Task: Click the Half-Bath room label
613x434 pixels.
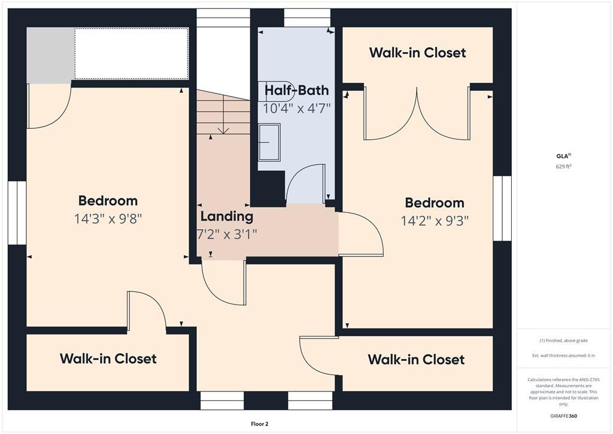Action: tap(297, 91)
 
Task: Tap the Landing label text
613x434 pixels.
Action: tap(227, 216)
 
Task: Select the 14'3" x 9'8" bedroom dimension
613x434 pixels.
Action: tap(108, 219)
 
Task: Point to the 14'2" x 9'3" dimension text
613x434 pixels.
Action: tap(435, 221)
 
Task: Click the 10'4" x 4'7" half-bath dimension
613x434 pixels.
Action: tap(297, 108)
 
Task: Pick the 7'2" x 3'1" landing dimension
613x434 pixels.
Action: tap(227, 234)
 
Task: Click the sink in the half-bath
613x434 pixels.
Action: tap(269, 142)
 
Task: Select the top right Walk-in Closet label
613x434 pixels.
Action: tap(417, 53)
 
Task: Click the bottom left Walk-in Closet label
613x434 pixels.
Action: tap(108, 359)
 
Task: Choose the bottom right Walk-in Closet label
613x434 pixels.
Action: tap(416, 360)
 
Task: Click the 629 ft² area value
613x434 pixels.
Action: tap(563, 166)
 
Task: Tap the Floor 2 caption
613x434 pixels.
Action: tap(260, 424)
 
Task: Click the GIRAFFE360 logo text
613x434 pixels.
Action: tap(563, 416)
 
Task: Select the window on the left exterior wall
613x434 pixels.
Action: tap(17, 213)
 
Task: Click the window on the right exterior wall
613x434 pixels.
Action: tap(502, 208)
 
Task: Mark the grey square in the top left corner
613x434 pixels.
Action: tap(50, 55)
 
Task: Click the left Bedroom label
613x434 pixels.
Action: tap(108, 201)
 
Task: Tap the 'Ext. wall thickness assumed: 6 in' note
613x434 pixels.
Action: tap(563, 355)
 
